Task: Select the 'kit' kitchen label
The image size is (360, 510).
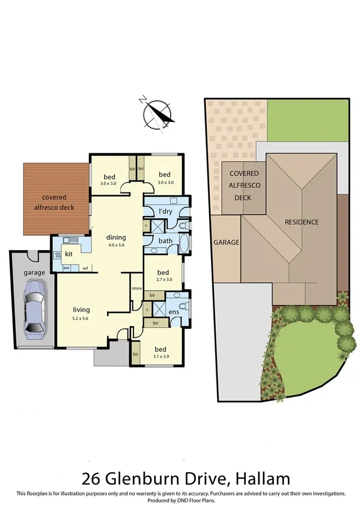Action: click(69, 254)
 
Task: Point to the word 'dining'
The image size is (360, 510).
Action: click(116, 236)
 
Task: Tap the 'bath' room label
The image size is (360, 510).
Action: click(165, 241)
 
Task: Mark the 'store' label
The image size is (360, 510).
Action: click(136, 289)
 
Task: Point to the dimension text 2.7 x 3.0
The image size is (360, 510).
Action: click(163, 279)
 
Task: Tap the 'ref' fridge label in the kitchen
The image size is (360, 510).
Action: click(85, 268)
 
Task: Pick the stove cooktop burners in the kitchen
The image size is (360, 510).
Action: click(58, 255)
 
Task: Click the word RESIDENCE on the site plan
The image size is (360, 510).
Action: click(302, 222)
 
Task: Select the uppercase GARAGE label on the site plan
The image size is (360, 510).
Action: click(227, 242)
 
